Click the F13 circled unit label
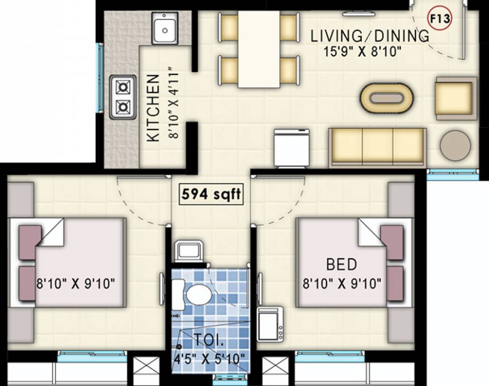[440, 19]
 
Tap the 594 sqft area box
[211, 195]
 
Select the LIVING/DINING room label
[370, 36]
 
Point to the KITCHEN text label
[153, 108]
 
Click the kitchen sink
[165, 28]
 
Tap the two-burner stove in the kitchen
[123, 97]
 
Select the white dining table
[259, 49]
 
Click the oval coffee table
[386, 98]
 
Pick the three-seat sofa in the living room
[377, 147]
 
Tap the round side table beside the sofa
[455, 145]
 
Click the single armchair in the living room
[456, 98]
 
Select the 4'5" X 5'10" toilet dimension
[209, 359]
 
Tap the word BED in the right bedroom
[341, 264]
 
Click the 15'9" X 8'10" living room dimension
[362, 51]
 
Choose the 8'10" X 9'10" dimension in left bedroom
[76, 284]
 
